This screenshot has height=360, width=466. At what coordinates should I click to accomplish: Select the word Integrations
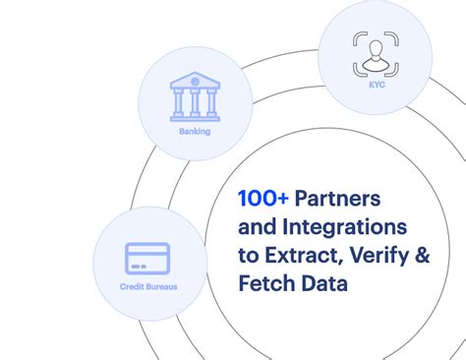(x=337, y=227)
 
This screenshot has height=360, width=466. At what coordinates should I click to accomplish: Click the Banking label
(x=194, y=130)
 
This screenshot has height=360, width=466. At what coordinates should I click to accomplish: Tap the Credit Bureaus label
(x=147, y=287)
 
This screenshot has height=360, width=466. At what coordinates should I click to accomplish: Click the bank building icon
(x=194, y=95)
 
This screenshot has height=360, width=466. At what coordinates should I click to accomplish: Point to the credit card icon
(x=147, y=258)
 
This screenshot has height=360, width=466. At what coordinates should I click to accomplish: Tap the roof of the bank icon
(x=194, y=80)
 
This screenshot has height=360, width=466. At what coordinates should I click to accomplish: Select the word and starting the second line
(x=257, y=227)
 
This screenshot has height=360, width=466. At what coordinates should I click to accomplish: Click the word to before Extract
(x=249, y=257)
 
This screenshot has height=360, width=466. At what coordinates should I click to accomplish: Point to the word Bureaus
(x=162, y=287)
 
